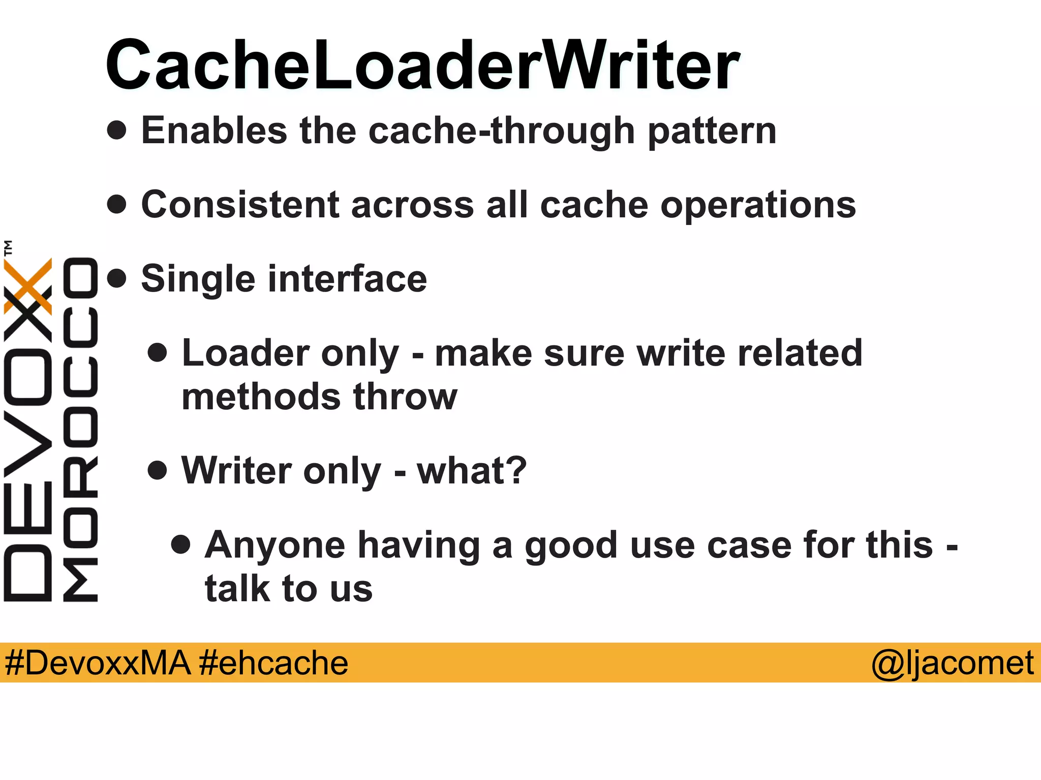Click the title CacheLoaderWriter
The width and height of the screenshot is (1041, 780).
tap(422, 66)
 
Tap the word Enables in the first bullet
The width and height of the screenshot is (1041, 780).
tap(214, 131)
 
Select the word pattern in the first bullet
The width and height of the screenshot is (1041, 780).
tap(712, 132)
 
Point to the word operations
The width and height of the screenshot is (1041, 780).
tap(758, 206)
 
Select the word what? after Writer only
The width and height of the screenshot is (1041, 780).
tap(472, 470)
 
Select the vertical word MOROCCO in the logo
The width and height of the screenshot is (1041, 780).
tap(80, 430)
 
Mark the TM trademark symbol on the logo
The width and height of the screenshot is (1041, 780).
tap(8, 247)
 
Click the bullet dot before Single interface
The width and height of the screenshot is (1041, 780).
tap(117, 278)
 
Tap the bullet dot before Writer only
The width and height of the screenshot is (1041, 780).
tap(158, 470)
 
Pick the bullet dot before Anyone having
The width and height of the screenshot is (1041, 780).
tap(181, 544)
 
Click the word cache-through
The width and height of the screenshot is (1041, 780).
tap(501, 132)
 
